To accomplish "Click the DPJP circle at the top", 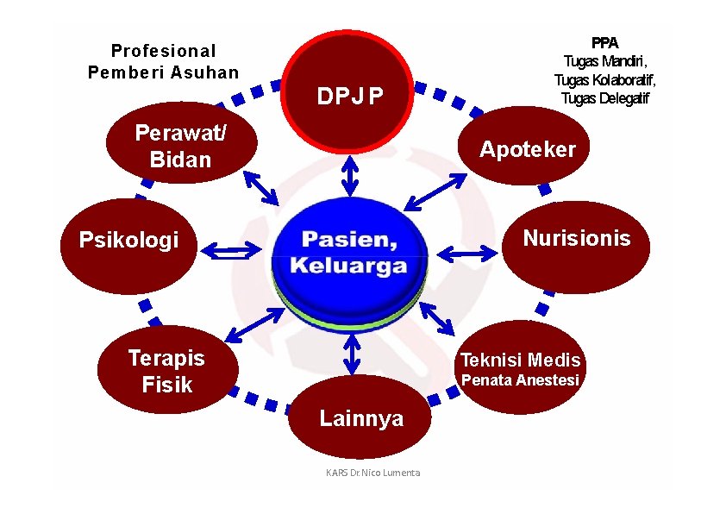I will coord(349,95).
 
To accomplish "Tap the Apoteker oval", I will coord(528,148).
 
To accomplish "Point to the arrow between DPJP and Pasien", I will coord(349,176).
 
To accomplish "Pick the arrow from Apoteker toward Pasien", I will coord(435,191).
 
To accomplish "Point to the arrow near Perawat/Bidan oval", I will coord(261,187).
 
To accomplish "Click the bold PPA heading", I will coord(604,42).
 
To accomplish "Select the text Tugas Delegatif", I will coord(604,97).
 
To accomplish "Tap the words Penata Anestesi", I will coord(520,380).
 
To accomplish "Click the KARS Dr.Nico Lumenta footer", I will coord(372,473).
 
